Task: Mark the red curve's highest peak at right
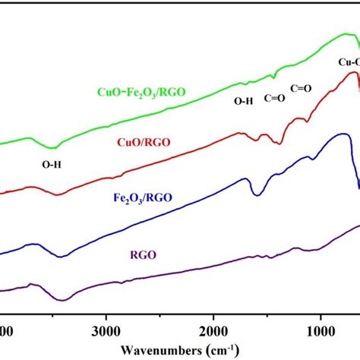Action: click(x=352, y=73)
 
